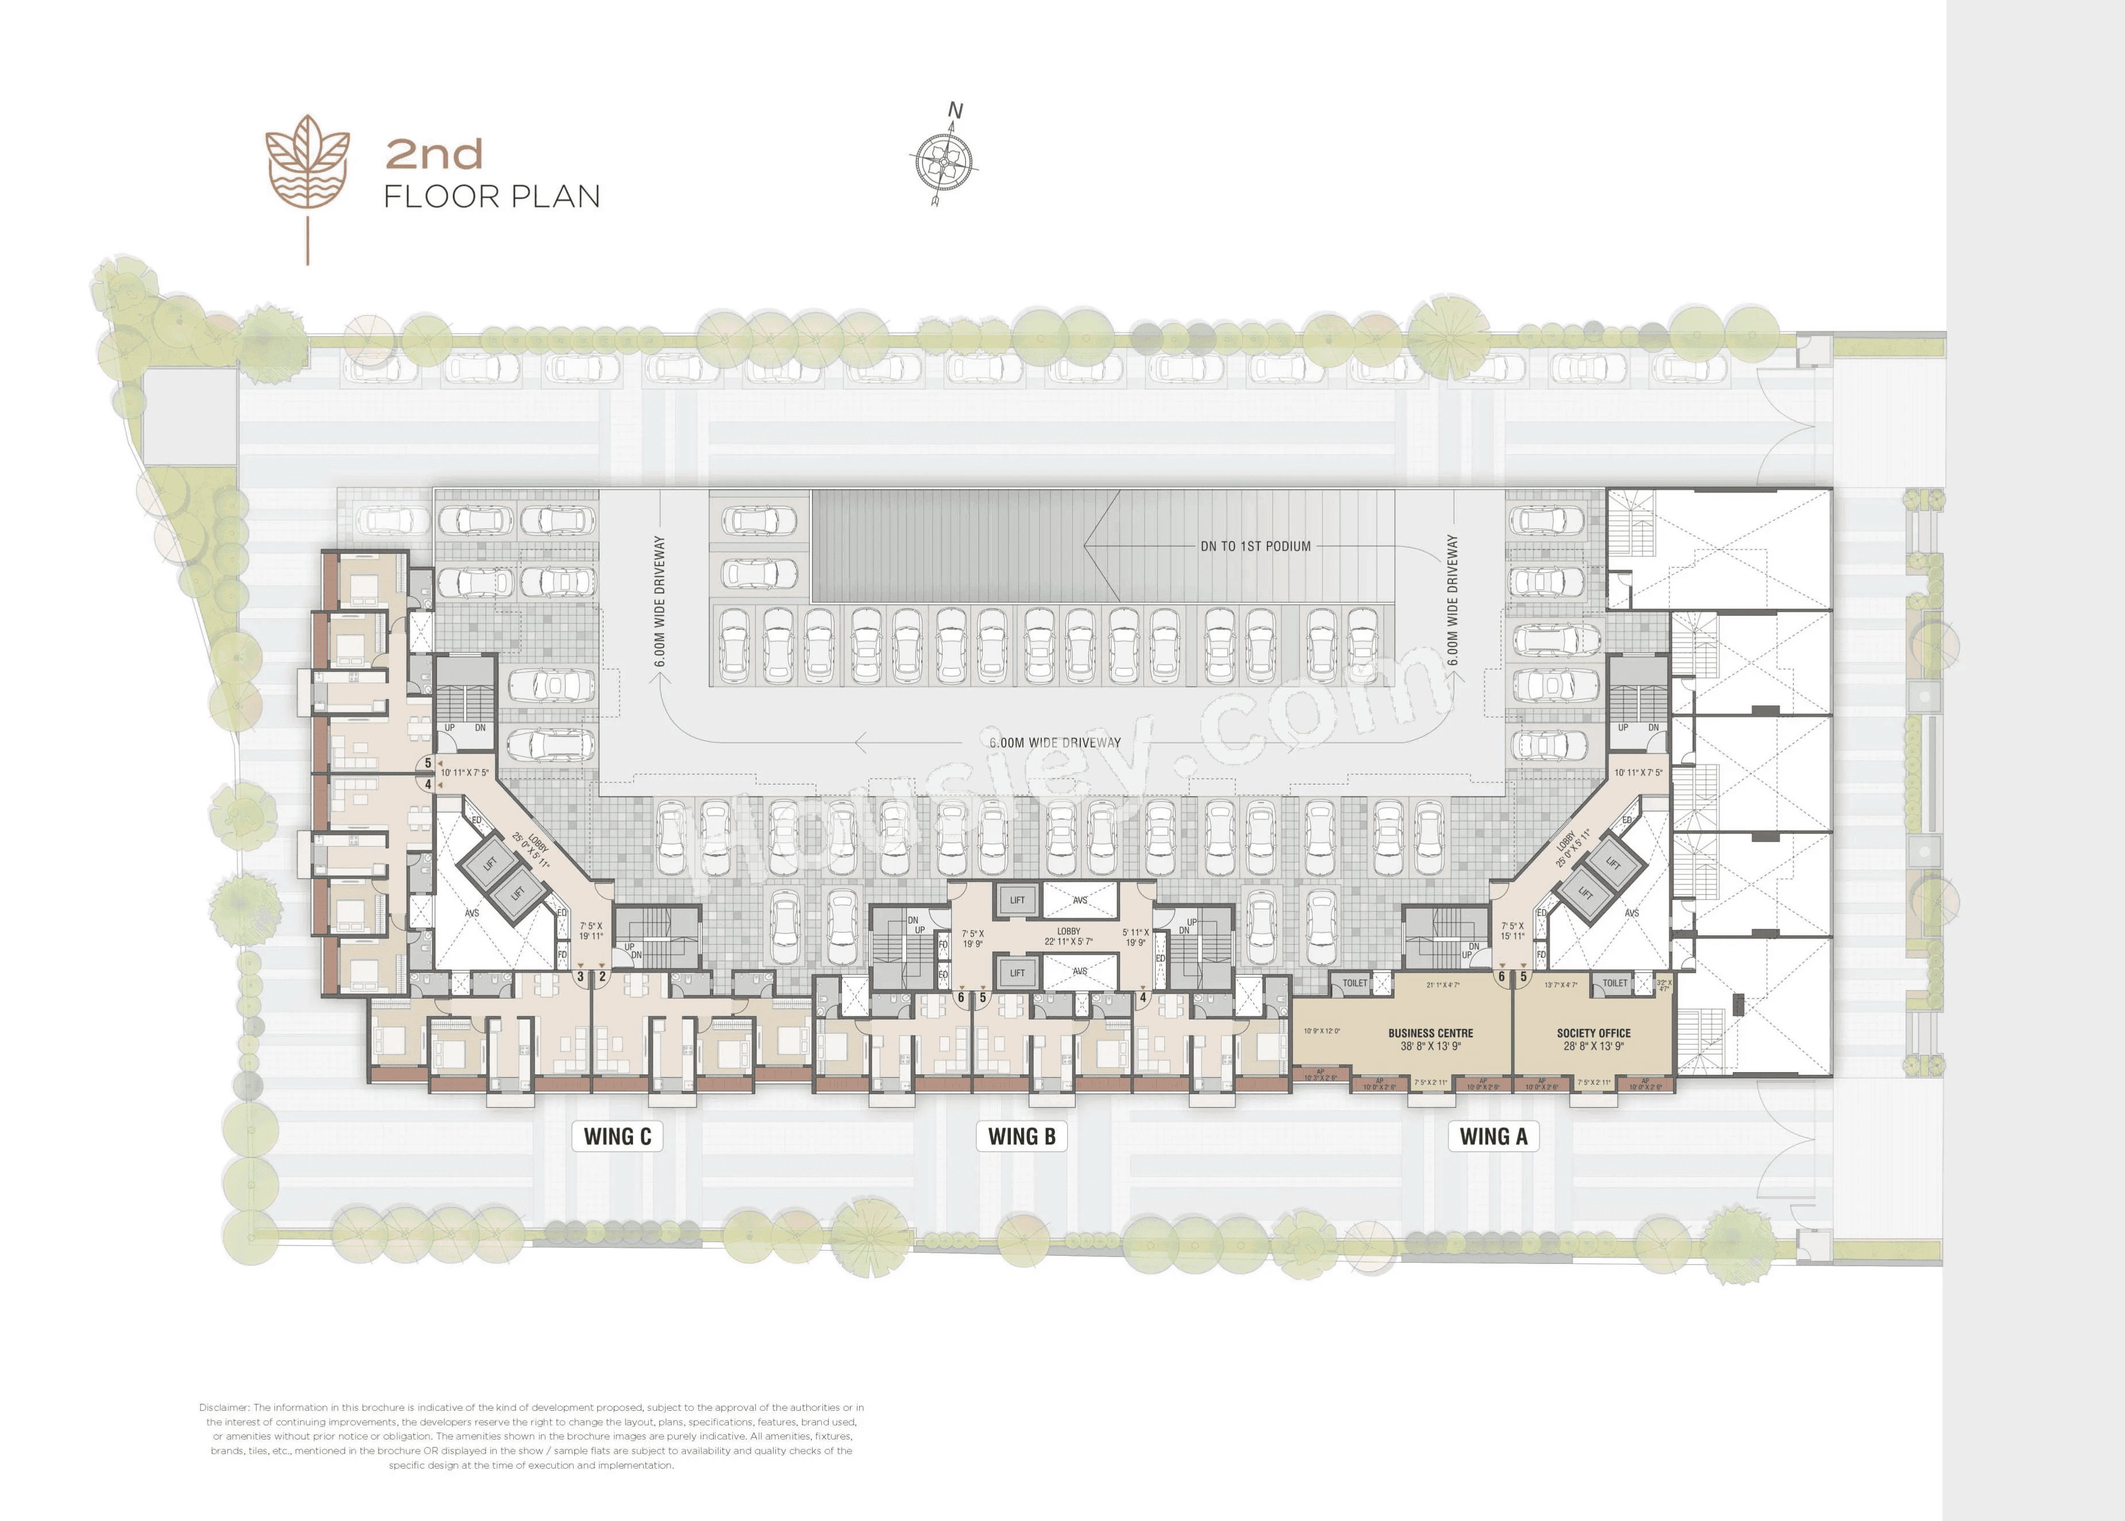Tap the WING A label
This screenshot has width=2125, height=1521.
(x=1493, y=1136)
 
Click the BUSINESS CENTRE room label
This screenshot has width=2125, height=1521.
(x=1430, y=1033)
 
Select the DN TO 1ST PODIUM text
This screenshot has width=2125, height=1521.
(x=1255, y=546)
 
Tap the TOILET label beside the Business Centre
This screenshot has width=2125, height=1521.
(x=1355, y=983)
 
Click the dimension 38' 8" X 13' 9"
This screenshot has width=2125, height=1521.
(x=1430, y=1046)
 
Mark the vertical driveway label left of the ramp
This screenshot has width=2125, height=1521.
(x=660, y=602)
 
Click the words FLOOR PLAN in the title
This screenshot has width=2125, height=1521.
(x=492, y=197)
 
